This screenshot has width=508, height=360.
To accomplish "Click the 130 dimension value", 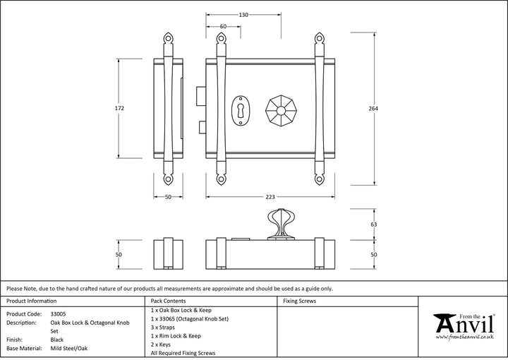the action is point(243,15).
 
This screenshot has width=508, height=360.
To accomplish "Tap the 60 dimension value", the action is point(223,27).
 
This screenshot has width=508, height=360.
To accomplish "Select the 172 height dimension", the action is point(119,108).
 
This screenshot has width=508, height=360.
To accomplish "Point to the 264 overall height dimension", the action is point(373,109).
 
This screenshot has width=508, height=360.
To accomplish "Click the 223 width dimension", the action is point(270,197).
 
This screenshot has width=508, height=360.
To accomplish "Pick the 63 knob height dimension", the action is point(373,224).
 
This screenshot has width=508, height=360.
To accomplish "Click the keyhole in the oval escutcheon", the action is point(241,111).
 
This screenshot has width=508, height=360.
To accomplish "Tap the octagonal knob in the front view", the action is point(281,111).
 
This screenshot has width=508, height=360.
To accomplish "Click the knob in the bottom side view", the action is point(281,224).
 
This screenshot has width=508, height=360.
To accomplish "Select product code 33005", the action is point(58,314).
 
